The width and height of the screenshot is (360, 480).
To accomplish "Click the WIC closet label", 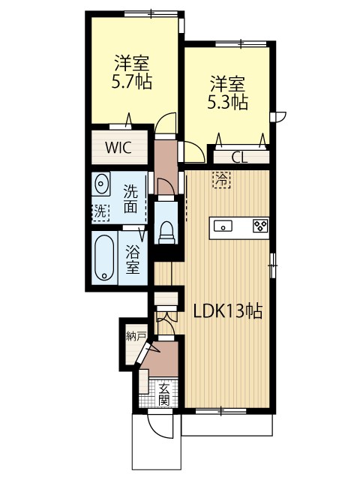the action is [118, 148].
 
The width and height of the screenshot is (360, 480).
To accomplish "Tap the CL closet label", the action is [239, 158].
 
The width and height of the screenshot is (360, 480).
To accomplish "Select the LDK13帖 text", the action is [227, 311].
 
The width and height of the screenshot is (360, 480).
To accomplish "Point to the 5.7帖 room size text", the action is [132, 82].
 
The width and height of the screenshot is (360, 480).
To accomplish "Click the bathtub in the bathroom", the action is [104, 257].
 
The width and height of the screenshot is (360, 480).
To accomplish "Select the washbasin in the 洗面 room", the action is [100, 184].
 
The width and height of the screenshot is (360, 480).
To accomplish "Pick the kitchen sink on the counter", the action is [223, 226].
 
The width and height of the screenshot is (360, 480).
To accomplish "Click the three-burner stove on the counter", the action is [261, 226].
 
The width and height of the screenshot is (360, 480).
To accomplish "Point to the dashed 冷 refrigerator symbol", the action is [222, 179].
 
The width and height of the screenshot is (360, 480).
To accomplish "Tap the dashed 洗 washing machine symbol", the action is [100, 211].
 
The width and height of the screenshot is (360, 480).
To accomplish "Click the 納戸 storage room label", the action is [136, 337].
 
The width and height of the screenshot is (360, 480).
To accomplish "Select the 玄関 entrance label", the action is [164, 394].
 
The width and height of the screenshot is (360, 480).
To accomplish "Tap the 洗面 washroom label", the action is [130, 199].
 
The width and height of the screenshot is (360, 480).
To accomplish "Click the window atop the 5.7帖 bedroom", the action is [151, 13].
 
